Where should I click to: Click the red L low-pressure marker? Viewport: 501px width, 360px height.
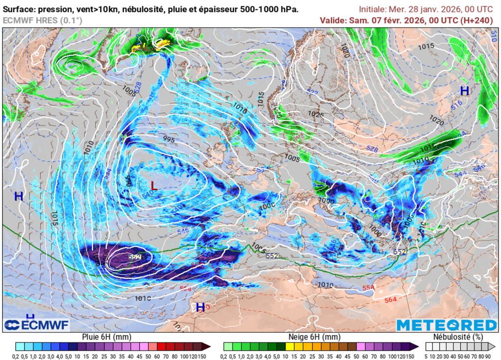[x=154, y=186]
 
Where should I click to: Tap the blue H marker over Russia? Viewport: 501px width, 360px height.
[x=464, y=90]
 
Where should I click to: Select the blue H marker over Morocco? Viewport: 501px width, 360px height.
[x=200, y=307]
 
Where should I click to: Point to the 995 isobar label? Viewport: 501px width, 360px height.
[x=169, y=140]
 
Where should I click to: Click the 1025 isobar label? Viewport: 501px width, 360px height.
[x=316, y=114]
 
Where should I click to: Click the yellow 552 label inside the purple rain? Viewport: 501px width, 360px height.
[x=135, y=257]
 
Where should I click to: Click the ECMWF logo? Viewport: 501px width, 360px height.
[x=37, y=325]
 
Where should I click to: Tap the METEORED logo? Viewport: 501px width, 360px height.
[x=446, y=325]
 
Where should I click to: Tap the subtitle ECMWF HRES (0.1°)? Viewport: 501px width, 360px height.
[x=43, y=20]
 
